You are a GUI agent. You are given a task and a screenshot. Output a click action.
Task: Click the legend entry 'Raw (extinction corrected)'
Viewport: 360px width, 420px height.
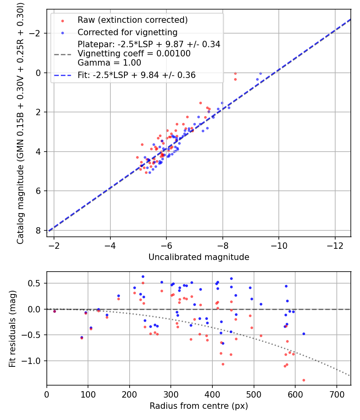click(x=132, y=20)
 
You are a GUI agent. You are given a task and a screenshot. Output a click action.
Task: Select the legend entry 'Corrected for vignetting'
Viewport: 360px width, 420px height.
click(x=127, y=32)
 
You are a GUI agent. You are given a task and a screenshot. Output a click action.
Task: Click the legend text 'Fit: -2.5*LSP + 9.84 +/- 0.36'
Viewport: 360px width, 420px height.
click(x=136, y=75)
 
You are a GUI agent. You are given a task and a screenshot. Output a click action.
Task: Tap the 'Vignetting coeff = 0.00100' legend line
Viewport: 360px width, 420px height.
click(x=134, y=54)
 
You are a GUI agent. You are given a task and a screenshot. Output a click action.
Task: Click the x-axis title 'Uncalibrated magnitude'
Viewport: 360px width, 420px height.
click(x=199, y=257)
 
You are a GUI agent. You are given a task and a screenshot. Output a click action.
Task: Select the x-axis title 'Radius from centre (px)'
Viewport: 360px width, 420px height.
click(x=199, y=406)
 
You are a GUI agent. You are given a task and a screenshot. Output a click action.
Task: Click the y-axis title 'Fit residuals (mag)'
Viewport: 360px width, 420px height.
click(x=12, y=328)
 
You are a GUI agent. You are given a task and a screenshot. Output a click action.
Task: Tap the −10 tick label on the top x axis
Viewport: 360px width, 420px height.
click(x=279, y=245)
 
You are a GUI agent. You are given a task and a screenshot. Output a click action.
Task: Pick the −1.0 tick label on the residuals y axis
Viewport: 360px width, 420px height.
click(x=35, y=361)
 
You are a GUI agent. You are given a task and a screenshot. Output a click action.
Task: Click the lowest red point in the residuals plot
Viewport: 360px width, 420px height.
click(x=304, y=380)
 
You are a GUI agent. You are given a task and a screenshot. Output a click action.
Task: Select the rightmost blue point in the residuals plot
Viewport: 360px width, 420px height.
click(x=304, y=334)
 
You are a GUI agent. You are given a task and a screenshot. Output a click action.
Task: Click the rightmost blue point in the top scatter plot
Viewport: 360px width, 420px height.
click(x=260, y=74)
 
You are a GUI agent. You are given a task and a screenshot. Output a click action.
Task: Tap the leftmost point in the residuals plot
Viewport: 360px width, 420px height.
click(x=54, y=311)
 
